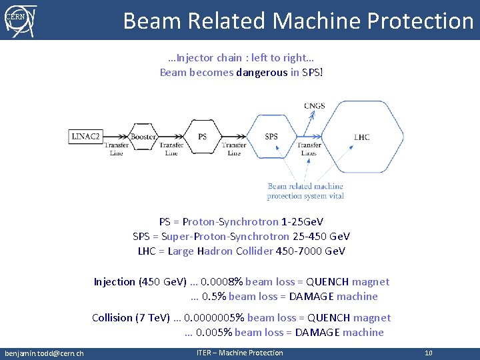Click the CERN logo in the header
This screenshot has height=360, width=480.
click(x=20, y=20)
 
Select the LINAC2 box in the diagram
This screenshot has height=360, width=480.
click(x=85, y=137)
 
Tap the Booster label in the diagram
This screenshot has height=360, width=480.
click(x=143, y=137)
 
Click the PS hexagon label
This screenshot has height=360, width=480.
click(x=202, y=137)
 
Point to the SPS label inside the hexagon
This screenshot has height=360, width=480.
click(x=271, y=137)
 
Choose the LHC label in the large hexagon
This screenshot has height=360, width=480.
click(x=361, y=137)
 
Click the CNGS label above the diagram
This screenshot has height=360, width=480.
click(x=315, y=106)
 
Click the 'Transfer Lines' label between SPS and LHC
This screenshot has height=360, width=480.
click(x=309, y=149)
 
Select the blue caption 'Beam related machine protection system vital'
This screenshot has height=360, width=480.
click(x=305, y=191)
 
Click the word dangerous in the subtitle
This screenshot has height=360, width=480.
click(x=261, y=72)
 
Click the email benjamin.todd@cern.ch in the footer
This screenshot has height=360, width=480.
click(x=44, y=353)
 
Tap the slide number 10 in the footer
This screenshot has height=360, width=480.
click(x=429, y=353)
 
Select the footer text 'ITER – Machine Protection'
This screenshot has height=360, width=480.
click(x=239, y=353)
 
